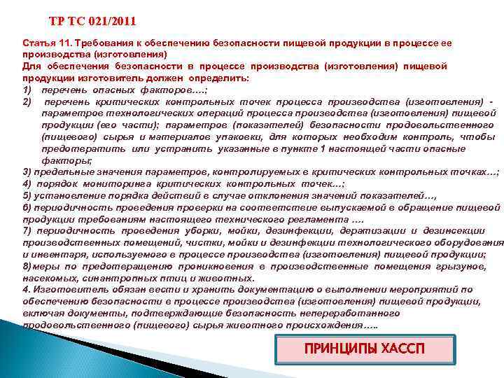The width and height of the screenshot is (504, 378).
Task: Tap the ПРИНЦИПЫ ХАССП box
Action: click(x=365, y=349)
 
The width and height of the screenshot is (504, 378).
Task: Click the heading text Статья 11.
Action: click(x=43, y=43)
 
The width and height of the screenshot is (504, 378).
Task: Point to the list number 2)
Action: click(x=28, y=102)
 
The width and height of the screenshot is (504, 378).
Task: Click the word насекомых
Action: click(x=48, y=277)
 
